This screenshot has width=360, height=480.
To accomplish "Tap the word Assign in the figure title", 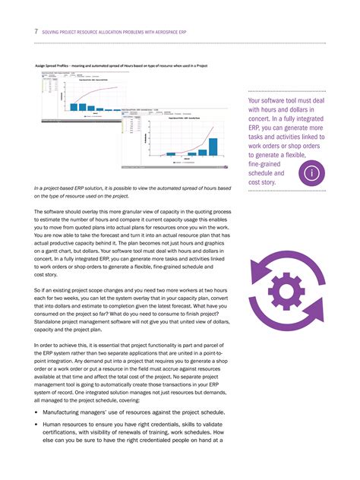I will [x=42, y=67].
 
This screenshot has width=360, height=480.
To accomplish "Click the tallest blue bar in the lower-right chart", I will [x=213, y=147].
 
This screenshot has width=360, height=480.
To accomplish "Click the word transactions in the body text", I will [x=185, y=384].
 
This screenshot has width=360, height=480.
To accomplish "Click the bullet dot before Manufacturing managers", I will [x=36, y=411].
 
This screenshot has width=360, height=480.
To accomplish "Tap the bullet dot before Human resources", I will [x=36, y=425].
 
